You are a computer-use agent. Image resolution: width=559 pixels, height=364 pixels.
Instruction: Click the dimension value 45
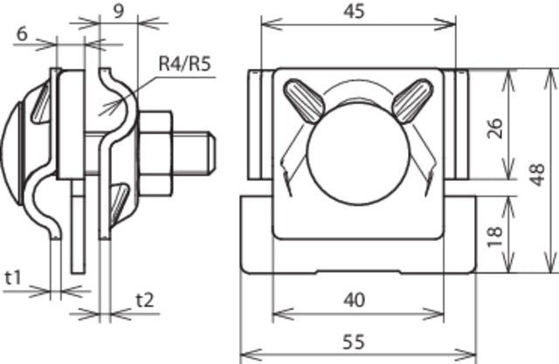click(x=354, y=11)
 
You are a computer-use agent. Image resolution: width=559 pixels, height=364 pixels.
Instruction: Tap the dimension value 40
click(x=354, y=299)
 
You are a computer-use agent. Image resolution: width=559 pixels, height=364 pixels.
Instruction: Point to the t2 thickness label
click(x=146, y=299)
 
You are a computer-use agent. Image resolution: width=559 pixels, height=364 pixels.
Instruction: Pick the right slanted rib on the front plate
click(x=411, y=100)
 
